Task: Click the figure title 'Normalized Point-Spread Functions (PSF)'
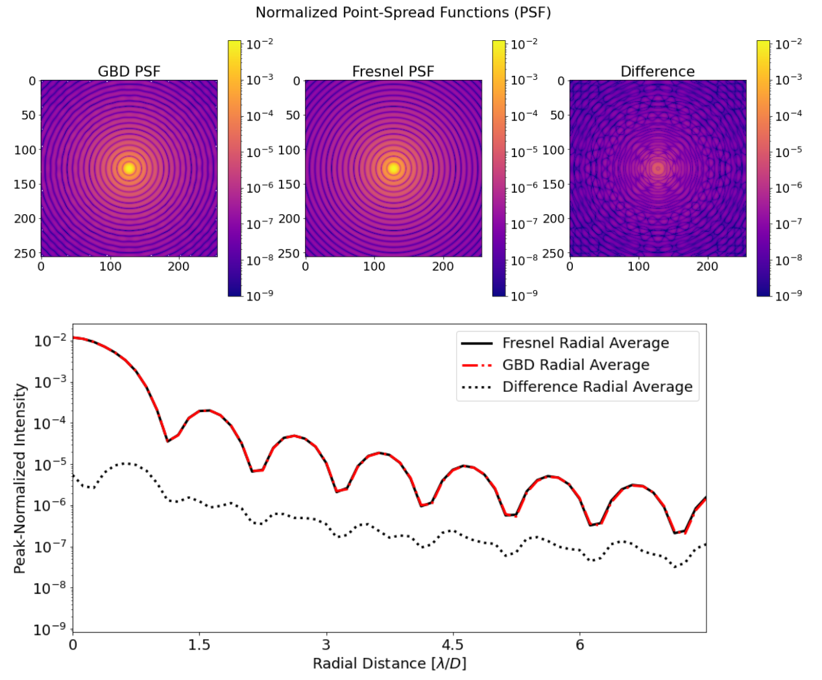(403, 12)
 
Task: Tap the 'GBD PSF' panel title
(128, 71)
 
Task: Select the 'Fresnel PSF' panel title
(393, 71)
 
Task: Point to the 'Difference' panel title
(657, 71)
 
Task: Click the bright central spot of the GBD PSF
(129, 168)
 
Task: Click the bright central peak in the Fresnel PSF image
(393, 168)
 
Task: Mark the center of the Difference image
(658, 168)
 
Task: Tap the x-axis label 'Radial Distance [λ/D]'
(389, 663)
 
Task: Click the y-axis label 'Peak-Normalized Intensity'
(20, 478)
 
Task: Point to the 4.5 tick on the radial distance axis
(453, 645)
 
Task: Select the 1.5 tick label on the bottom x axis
(199, 645)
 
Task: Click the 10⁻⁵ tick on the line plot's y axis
(51, 465)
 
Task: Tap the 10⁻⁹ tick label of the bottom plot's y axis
(51, 629)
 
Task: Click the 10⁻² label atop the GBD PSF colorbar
(260, 44)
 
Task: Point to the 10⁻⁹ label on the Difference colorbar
(788, 295)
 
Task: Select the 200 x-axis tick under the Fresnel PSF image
(443, 266)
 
